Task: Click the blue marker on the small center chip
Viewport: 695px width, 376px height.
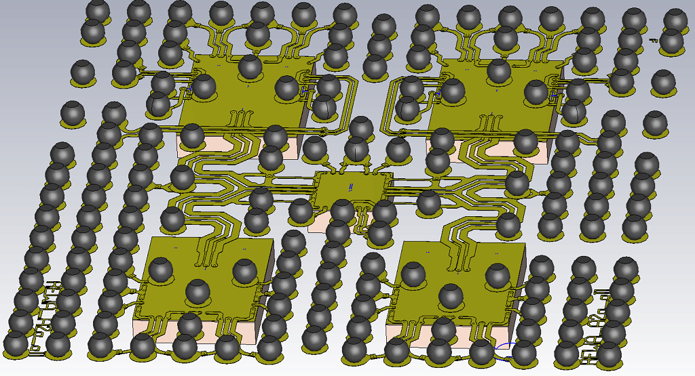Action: click(x=350, y=185)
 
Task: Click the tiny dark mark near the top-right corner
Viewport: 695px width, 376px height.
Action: click(x=654, y=41)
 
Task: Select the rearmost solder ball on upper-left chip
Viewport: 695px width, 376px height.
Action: click(x=250, y=66)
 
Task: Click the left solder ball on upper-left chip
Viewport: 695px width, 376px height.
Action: click(x=204, y=87)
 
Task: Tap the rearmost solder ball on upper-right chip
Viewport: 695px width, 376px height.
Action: click(x=499, y=70)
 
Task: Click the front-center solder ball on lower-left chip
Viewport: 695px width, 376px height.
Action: click(x=198, y=291)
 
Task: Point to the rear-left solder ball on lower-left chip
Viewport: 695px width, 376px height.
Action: click(x=161, y=269)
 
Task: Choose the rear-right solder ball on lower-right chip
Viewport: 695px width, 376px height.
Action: click(x=496, y=274)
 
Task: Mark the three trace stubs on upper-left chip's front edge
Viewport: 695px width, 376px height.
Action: click(x=238, y=119)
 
